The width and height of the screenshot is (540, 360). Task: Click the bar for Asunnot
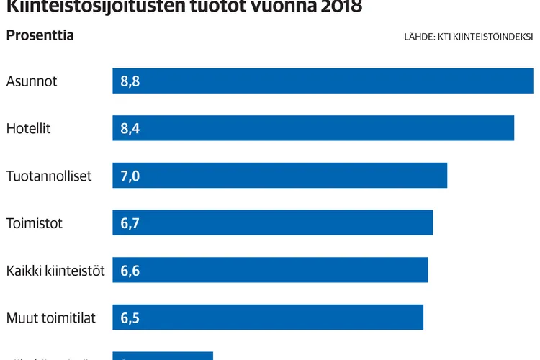323,81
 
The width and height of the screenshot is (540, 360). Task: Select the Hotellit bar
313,128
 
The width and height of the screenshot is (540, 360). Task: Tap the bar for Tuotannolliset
280,176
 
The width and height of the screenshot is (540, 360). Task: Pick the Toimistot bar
273,223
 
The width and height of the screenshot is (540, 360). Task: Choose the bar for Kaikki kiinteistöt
271,270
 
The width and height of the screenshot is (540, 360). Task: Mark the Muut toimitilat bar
268,318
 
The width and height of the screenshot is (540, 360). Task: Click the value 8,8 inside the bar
130,81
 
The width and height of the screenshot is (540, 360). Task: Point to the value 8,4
130,129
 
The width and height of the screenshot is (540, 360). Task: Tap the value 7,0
130,176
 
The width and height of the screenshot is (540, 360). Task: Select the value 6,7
130,224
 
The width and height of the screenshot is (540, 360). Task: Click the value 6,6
130,271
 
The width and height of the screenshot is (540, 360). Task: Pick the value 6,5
130,318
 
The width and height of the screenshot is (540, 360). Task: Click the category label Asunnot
32,81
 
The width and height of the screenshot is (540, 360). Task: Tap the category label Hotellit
29,129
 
